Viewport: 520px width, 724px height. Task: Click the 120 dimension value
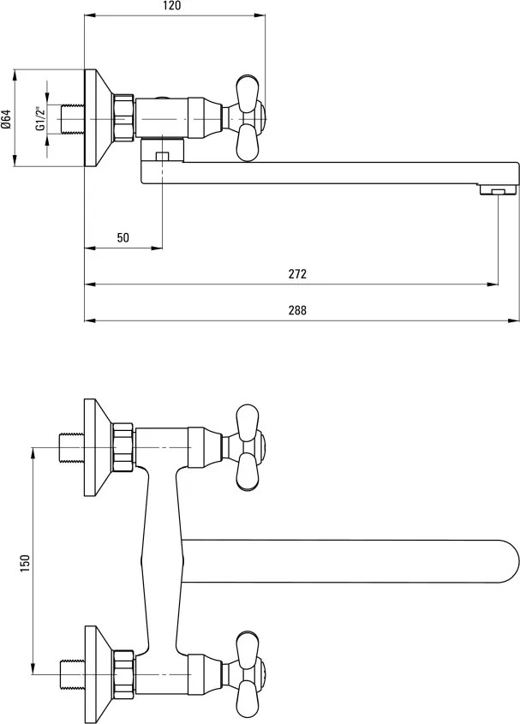172,6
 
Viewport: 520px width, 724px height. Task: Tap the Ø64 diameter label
7,118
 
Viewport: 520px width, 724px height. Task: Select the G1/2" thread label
40,118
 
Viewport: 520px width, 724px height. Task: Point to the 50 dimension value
123,238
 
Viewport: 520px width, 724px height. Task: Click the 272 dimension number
297,274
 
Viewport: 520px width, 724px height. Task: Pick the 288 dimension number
297,310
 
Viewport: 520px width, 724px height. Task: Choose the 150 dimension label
25,563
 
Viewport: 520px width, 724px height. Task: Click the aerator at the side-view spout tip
498,189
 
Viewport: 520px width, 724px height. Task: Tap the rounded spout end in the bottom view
508,561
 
